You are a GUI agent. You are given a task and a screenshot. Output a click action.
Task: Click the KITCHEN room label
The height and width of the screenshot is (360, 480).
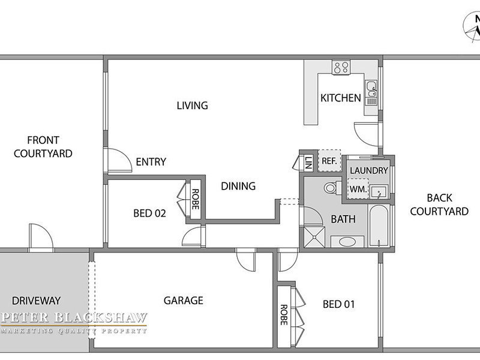(x=340, y=98)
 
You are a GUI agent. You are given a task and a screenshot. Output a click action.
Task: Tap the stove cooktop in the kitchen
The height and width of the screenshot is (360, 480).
(x=341, y=67)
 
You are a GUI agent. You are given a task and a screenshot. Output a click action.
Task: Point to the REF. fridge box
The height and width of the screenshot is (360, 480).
(x=329, y=160)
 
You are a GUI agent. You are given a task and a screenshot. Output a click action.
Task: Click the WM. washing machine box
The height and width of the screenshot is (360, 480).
(x=358, y=189)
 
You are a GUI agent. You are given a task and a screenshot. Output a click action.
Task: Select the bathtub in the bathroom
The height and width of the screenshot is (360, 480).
(x=379, y=226)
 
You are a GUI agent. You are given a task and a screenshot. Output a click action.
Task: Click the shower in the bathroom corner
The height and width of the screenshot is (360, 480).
(x=314, y=237)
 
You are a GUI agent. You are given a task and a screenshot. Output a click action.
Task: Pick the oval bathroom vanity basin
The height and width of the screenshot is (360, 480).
(x=347, y=242)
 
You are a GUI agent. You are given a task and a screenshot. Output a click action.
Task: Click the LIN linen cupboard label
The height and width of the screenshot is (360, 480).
(x=308, y=162)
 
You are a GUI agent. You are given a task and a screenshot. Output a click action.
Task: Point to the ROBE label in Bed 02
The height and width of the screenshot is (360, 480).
(x=195, y=199)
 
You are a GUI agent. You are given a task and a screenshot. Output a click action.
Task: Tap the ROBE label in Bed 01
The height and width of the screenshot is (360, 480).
(x=284, y=314)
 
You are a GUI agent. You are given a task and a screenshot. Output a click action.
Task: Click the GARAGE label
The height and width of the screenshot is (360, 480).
(x=184, y=301)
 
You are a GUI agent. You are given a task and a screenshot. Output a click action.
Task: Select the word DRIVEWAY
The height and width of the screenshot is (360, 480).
(x=36, y=301)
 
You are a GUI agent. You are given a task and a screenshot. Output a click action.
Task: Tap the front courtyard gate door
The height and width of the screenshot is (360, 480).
(x=41, y=238)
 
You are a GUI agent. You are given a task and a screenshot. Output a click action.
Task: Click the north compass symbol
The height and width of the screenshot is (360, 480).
(x=473, y=27)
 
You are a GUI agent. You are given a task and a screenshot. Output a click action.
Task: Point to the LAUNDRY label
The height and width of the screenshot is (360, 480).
(x=369, y=170)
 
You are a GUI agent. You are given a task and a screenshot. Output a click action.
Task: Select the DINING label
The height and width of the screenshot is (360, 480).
(x=238, y=186)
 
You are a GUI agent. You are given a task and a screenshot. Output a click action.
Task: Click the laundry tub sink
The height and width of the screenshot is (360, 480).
(x=379, y=191)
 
